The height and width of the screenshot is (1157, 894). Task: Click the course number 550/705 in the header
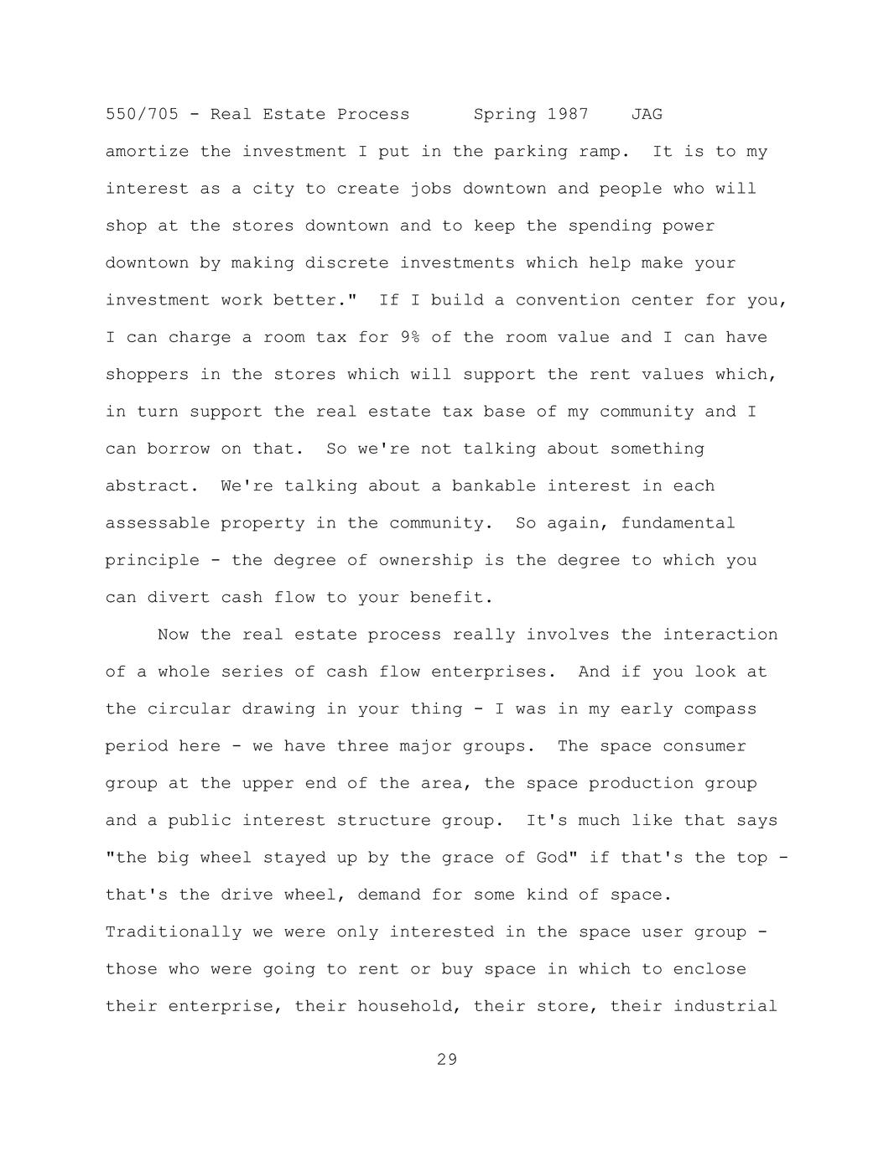pos(142,114)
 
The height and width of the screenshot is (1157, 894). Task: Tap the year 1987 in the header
pos(568,114)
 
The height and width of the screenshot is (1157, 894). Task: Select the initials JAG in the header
pos(647,114)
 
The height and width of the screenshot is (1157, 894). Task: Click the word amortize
pos(147,152)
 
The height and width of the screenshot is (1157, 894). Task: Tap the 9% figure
pos(409,337)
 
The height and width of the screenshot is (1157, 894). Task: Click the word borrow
pos(179,449)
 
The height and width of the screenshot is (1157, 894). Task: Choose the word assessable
pos(158,523)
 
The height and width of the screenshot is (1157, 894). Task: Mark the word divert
pos(179,598)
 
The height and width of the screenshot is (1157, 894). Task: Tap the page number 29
pos(447,1060)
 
